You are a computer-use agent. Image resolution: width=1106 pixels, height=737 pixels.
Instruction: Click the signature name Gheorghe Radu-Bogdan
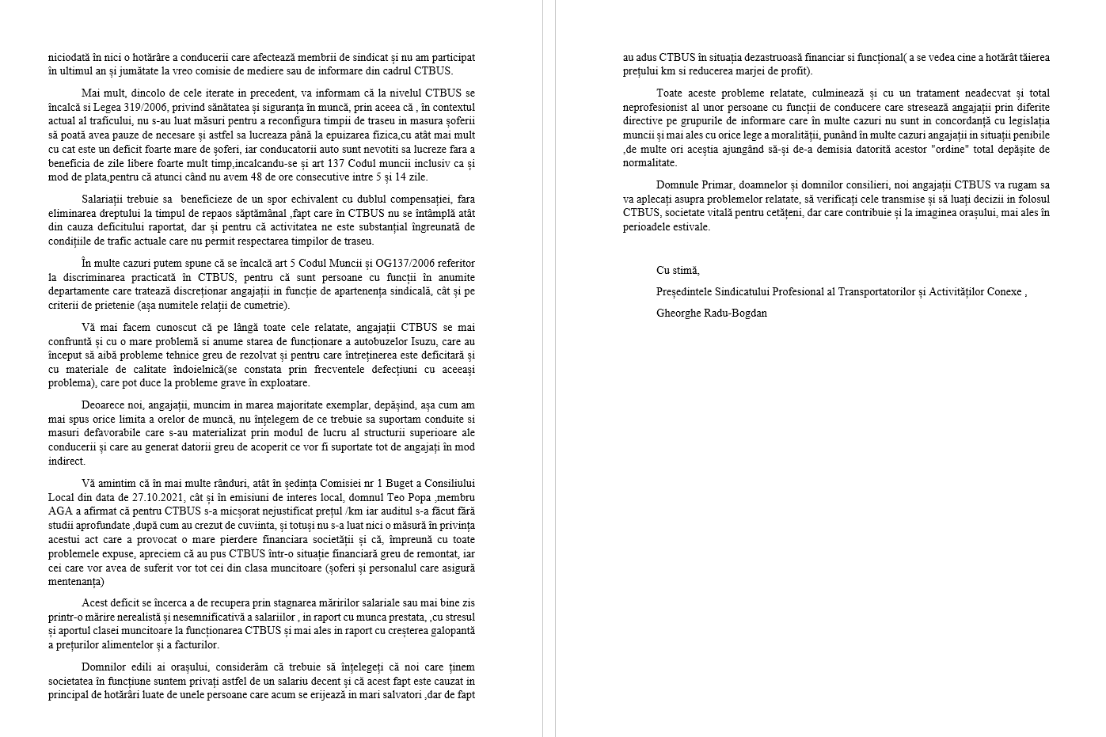click(711, 313)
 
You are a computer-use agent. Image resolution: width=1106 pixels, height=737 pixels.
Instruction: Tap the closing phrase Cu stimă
click(678, 270)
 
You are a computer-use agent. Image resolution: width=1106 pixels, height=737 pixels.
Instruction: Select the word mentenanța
click(75, 582)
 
